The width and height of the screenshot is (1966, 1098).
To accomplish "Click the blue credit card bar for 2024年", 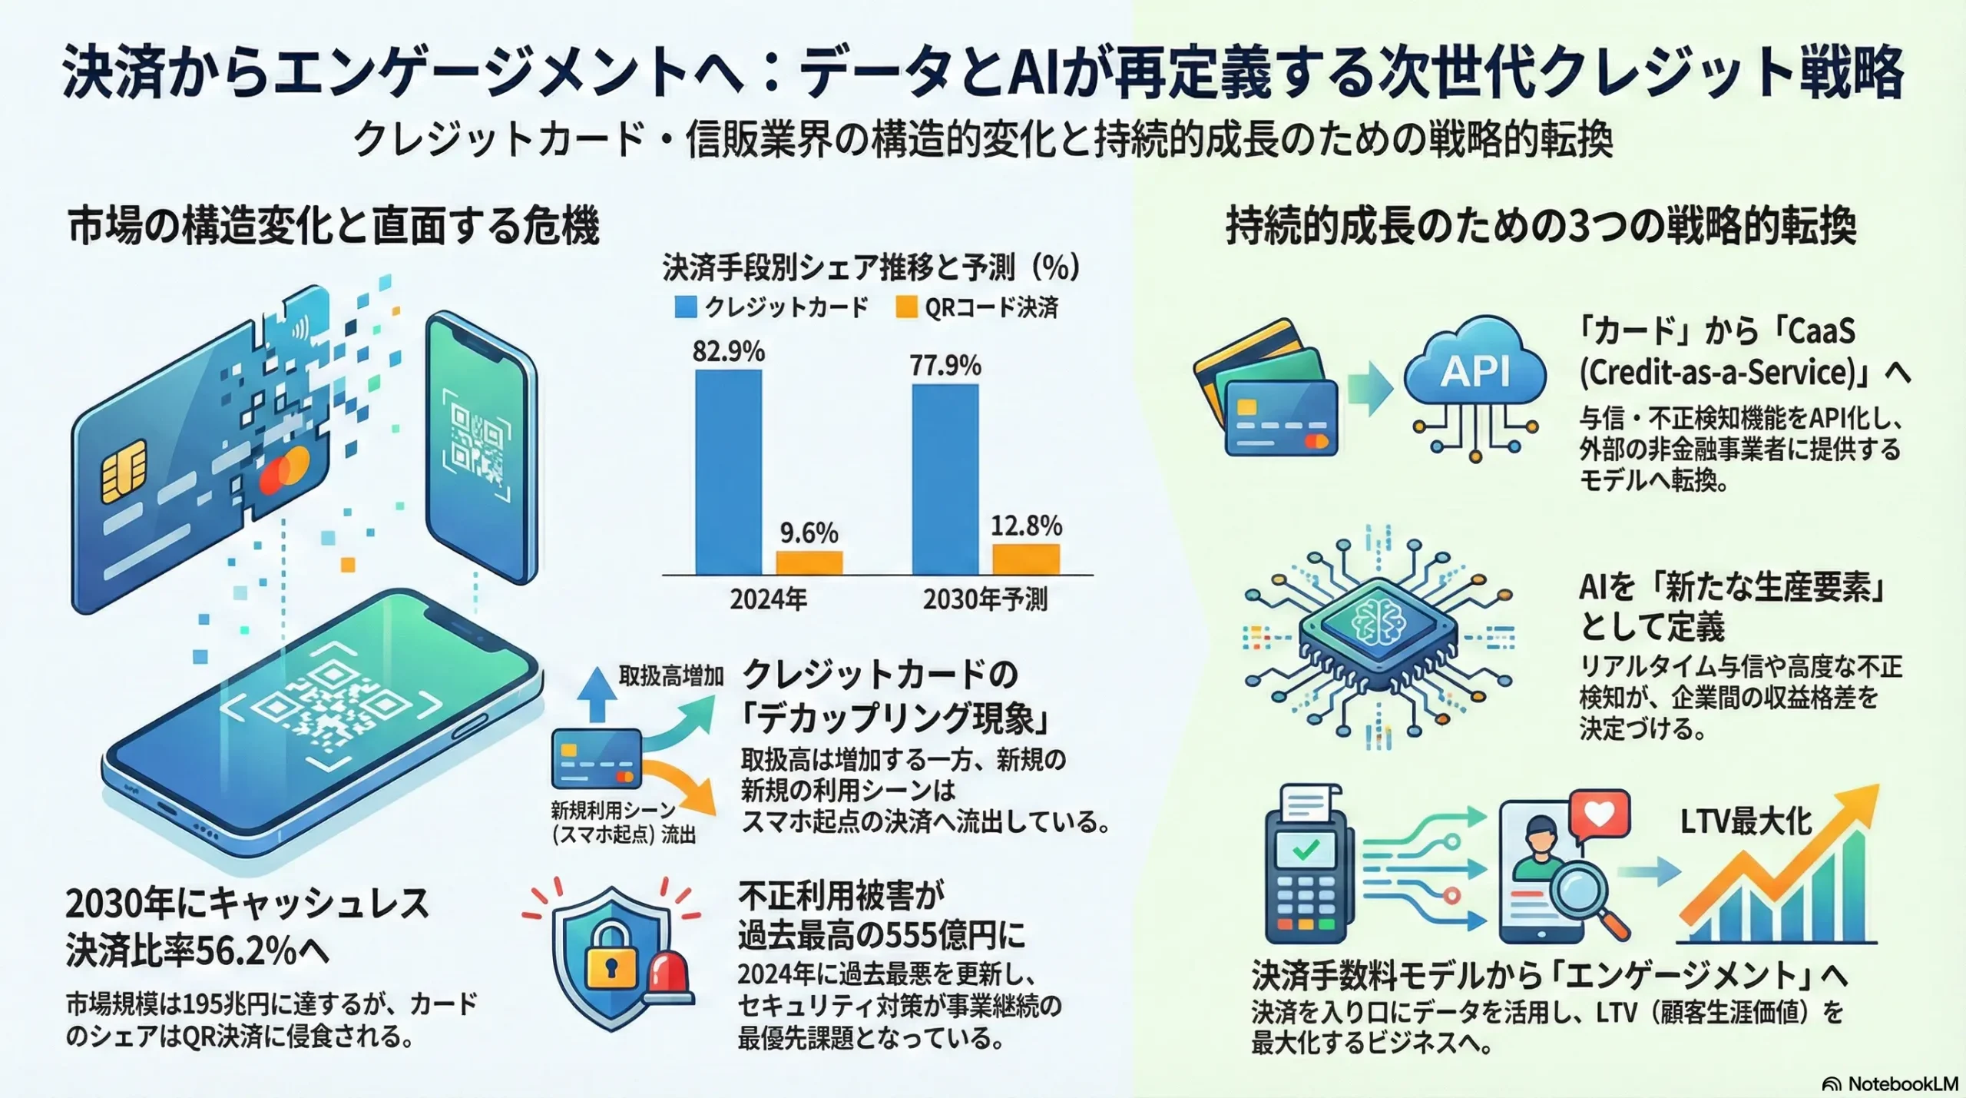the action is [728, 472].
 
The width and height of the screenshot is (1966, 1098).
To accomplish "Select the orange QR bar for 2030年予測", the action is [1026, 559].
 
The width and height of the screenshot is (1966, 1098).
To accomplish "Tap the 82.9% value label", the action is [728, 351].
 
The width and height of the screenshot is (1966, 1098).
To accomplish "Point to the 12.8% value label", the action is [1026, 526].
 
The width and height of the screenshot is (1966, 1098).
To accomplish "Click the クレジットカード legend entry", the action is [771, 307].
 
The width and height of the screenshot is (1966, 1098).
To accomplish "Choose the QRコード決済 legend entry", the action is [977, 307].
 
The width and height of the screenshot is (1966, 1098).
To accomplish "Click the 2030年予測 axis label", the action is [985, 599].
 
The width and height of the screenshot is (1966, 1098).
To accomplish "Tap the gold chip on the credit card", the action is [124, 470].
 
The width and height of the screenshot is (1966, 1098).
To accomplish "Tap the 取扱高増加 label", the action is [672, 675].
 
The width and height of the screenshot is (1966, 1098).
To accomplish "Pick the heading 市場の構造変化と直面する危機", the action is [333, 227].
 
